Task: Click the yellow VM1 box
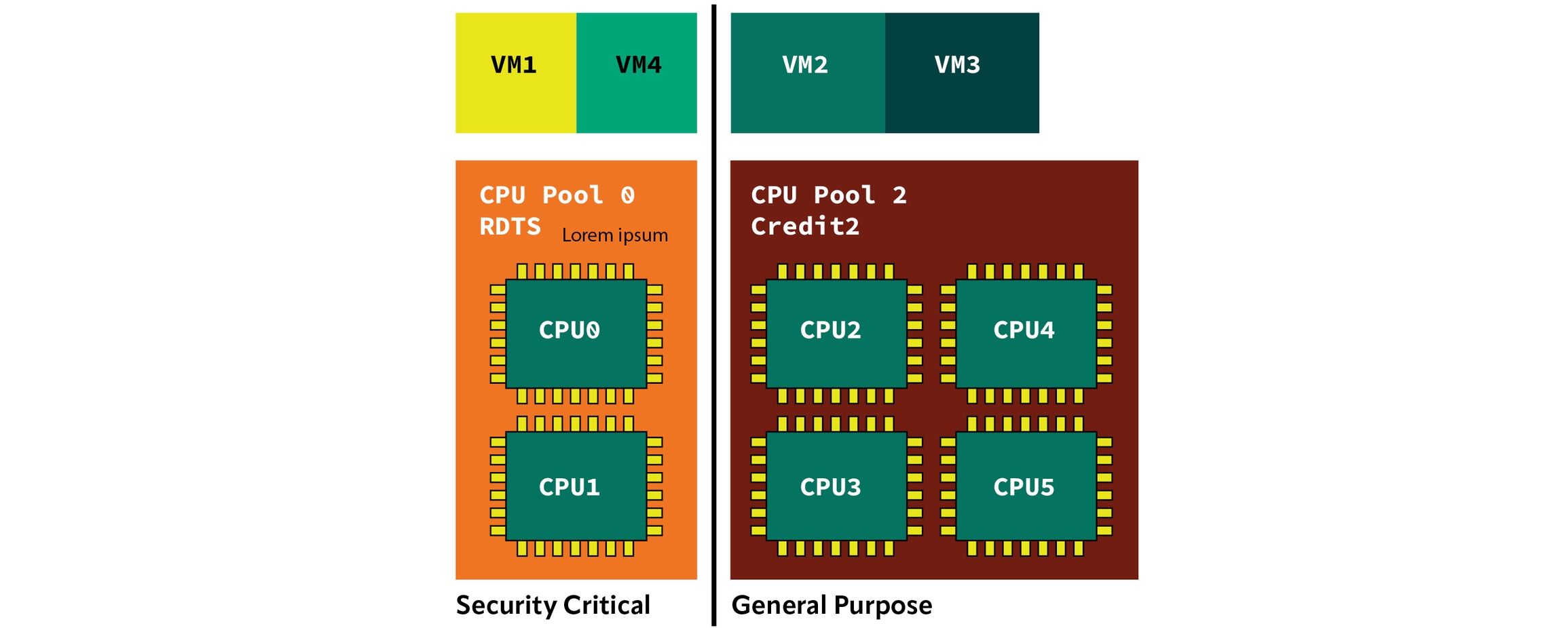515,73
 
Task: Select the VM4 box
637,73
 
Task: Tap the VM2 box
807,73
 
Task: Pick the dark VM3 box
961,73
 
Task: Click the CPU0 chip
576,333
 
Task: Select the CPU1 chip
576,486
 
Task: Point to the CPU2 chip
836,333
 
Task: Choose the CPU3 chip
836,486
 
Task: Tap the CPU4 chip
1026,333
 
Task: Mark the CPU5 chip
1026,486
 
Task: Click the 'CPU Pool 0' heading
557,195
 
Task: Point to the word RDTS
510,227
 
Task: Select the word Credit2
805,227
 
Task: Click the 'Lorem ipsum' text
614,235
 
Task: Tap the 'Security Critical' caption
553,605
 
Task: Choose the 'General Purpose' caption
832,605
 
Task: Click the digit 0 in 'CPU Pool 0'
628,195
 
